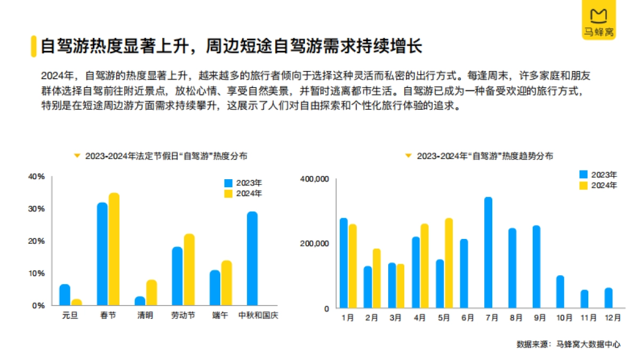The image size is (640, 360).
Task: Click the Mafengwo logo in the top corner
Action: click(598, 20)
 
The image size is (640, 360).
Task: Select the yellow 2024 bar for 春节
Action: click(114, 249)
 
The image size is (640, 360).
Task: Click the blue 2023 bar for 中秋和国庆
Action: click(252, 258)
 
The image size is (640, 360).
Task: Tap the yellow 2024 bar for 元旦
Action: click(77, 302)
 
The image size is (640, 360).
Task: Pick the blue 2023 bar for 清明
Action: click(140, 301)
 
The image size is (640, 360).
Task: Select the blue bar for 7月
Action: click(488, 252)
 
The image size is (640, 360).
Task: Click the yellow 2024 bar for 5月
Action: click(449, 263)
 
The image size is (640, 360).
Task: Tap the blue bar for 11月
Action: click(585, 299)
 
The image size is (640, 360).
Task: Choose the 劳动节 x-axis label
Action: click(183, 316)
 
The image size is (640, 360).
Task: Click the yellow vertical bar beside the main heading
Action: click(33, 46)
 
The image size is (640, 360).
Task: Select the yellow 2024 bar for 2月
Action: click(377, 278)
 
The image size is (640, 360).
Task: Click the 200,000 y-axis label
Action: click(315, 244)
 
